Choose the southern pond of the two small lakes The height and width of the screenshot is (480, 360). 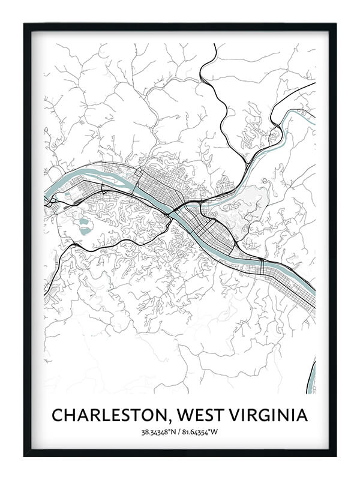[x=85, y=230]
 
